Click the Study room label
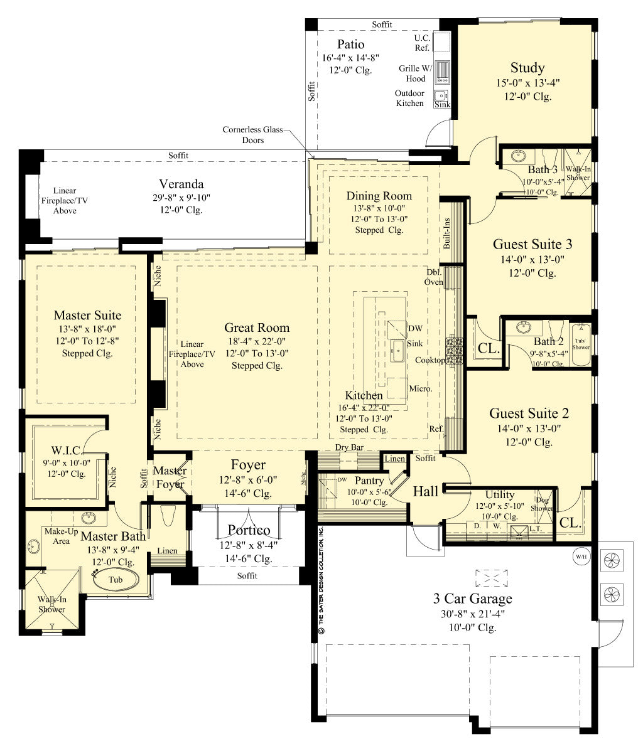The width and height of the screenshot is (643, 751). (x=527, y=68)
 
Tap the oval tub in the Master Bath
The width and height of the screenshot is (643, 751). (x=116, y=580)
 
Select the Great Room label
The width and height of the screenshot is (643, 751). (x=257, y=328)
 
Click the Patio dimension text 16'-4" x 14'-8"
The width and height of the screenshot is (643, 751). (x=350, y=58)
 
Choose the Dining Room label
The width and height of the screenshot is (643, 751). (x=379, y=196)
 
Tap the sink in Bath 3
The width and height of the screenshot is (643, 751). (x=519, y=156)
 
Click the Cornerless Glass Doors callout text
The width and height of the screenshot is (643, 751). (x=252, y=135)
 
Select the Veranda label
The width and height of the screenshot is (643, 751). (x=181, y=184)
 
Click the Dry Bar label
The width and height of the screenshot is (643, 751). (x=350, y=447)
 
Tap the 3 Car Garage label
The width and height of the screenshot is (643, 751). (x=472, y=599)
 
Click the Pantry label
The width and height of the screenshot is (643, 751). (x=369, y=481)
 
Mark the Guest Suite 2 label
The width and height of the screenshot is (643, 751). (x=529, y=413)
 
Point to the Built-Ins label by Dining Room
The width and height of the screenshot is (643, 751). (x=446, y=234)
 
